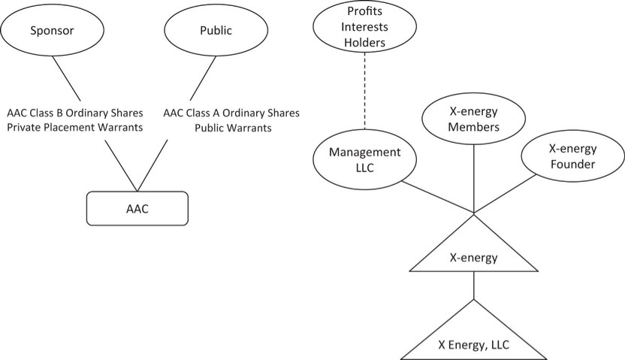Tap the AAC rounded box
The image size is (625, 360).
[137, 208]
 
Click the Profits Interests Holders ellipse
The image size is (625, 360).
[364, 28]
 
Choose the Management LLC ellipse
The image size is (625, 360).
[364, 159]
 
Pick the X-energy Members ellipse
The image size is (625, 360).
[473, 119]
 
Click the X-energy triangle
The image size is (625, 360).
[473, 256]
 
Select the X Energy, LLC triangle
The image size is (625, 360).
[473, 342]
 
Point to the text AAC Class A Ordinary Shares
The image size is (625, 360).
[231, 113]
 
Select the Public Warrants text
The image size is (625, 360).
[232, 127]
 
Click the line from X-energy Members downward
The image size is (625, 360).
[473, 177]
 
